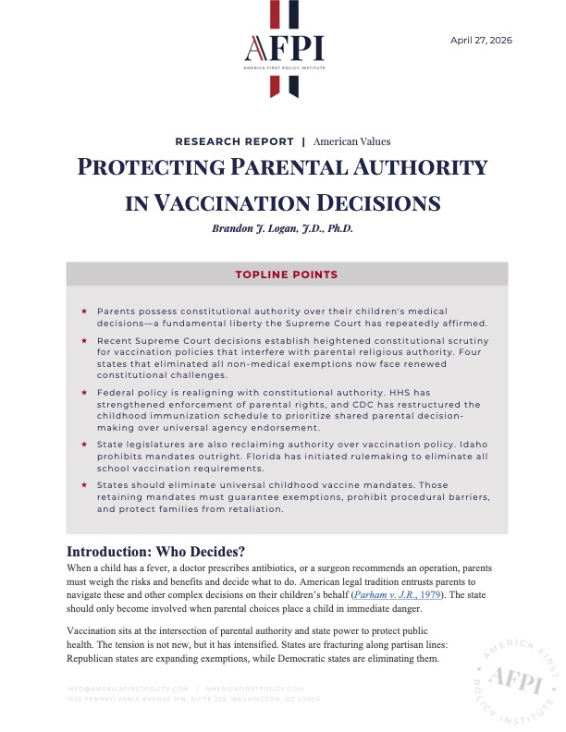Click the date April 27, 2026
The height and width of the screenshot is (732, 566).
(481, 41)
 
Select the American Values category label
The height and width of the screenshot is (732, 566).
(351, 141)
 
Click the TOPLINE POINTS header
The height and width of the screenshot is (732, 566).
(287, 274)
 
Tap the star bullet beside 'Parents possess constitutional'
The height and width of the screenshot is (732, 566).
(84, 311)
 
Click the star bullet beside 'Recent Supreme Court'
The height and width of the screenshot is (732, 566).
(84, 342)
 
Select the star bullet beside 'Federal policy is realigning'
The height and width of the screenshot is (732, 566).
(84, 392)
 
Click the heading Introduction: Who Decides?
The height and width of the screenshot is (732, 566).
(149, 551)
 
